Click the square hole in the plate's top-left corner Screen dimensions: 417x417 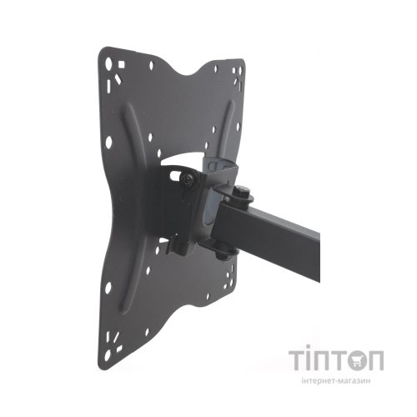pyautogui.click(x=121, y=65)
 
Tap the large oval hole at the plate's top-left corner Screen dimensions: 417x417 pyautogui.click(x=108, y=63)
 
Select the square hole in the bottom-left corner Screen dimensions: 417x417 pyautogui.click(x=119, y=349)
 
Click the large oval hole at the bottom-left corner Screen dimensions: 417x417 pyautogui.click(x=108, y=355)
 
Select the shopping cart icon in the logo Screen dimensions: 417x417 pyautogui.click(x=359, y=360)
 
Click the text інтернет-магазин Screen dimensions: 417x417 pyautogui.click(x=336, y=381)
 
